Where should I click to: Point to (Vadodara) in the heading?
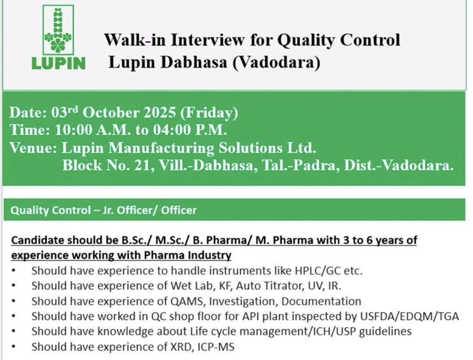pyautogui.click(x=276, y=62)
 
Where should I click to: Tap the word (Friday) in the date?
pyautogui.click(x=209, y=113)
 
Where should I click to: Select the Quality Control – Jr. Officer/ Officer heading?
pyautogui.click(x=103, y=210)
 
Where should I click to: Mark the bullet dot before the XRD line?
pyautogui.click(x=14, y=347)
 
